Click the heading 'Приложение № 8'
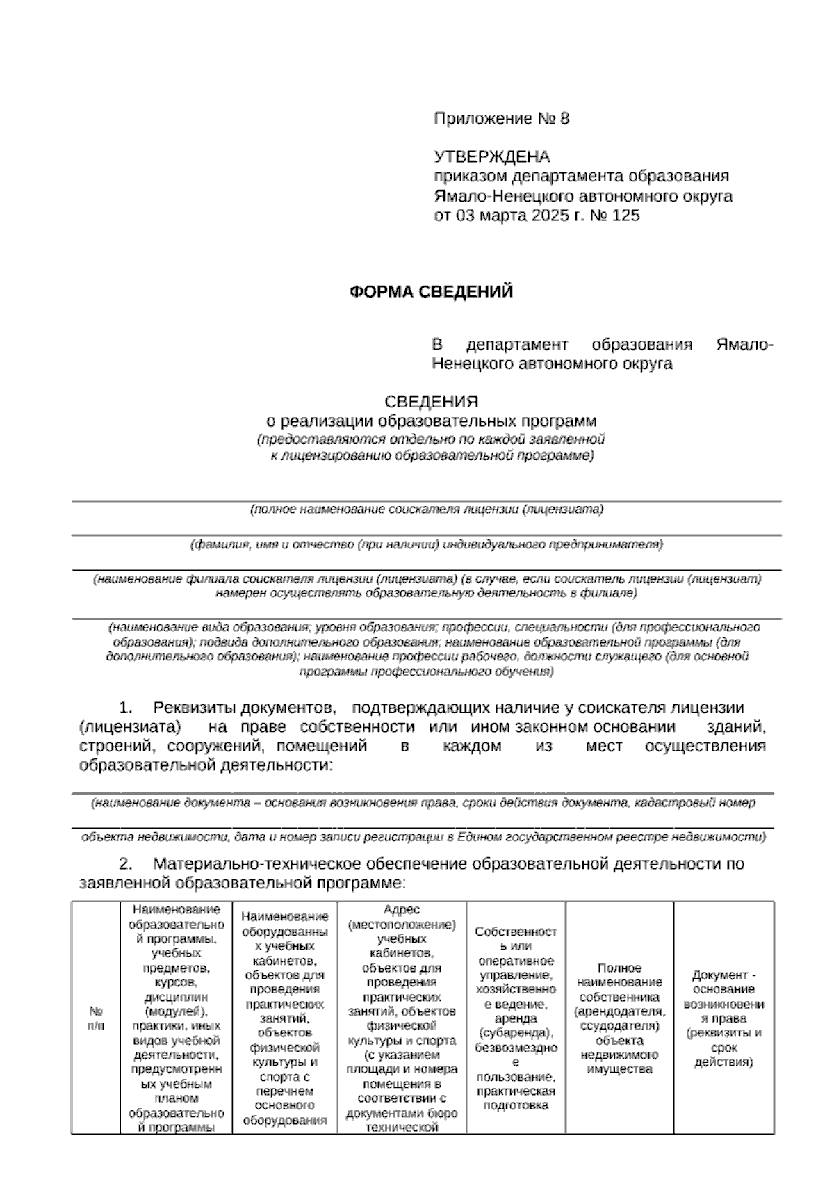[x=501, y=119]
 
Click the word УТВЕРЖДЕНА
[x=491, y=156]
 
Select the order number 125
[x=625, y=215]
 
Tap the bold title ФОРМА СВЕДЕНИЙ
[x=431, y=292]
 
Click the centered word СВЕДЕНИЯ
[x=432, y=402]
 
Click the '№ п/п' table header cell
[x=96, y=1018]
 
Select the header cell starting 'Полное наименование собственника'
[x=619, y=1018]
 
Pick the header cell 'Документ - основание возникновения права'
[x=723, y=1018]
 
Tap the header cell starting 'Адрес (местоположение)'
[x=402, y=1018]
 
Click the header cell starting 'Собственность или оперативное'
[x=516, y=1018]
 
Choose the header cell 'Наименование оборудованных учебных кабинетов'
[x=284, y=1018]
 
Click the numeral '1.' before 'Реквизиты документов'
[x=126, y=708]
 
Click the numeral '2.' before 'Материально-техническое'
[x=126, y=864]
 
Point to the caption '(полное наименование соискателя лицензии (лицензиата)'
[x=427, y=510]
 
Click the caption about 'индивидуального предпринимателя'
[x=427, y=545]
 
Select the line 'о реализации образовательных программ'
[x=432, y=421]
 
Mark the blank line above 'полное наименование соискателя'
[x=427, y=500]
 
